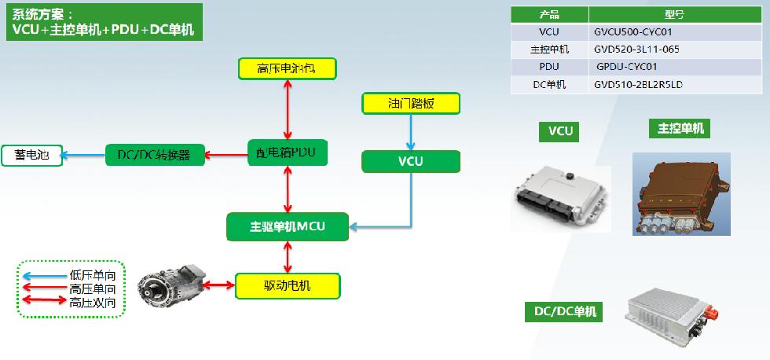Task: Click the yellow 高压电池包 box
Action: (x=288, y=68)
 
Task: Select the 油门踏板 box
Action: (x=411, y=103)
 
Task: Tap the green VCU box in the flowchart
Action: (x=411, y=161)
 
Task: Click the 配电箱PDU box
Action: (x=288, y=152)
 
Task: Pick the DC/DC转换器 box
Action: (x=154, y=155)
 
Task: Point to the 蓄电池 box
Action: (x=32, y=155)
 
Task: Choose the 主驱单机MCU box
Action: (x=288, y=227)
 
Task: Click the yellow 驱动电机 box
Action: (x=288, y=285)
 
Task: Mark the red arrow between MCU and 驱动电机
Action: (x=288, y=256)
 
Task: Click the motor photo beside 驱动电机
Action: (x=171, y=283)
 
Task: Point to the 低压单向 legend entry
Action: (x=71, y=275)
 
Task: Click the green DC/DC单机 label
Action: (x=563, y=312)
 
